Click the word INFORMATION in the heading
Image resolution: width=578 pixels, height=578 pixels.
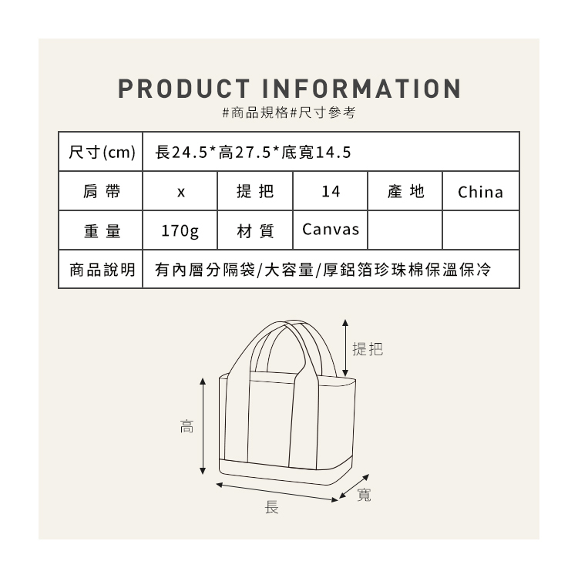coord(362,87)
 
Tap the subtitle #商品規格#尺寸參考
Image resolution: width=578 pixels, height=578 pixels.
coord(289,113)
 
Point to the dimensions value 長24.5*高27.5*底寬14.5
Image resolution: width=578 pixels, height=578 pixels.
coord(254,151)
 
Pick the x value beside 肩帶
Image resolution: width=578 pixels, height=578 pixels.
coord(180,192)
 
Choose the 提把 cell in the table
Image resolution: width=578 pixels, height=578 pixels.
coord(254,191)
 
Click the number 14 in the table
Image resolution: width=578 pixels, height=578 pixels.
coord(331,192)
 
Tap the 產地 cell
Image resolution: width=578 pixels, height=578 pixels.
coord(406,191)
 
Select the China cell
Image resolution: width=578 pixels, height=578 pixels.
coord(480,192)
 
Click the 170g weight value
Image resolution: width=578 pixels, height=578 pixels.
coord(180,230)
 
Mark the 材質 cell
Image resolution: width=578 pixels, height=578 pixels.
coord(254,230)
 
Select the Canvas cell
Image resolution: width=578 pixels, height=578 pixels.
coord(331,230)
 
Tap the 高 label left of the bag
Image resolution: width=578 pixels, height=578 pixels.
coord(187,426)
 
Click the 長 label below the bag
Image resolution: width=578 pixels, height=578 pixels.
coord(272,506)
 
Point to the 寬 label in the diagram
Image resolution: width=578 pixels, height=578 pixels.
coord(365,496)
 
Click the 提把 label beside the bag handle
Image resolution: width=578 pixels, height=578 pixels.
coord(367,349)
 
